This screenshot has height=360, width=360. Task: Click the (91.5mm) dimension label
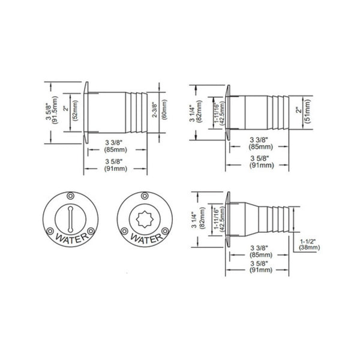[x=55, y=111]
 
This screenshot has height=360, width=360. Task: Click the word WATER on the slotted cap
[x=70, y=240]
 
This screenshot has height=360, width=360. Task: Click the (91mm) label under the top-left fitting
[x=115, y=169]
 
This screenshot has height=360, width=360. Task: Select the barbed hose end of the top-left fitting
[x=139, y=111]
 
